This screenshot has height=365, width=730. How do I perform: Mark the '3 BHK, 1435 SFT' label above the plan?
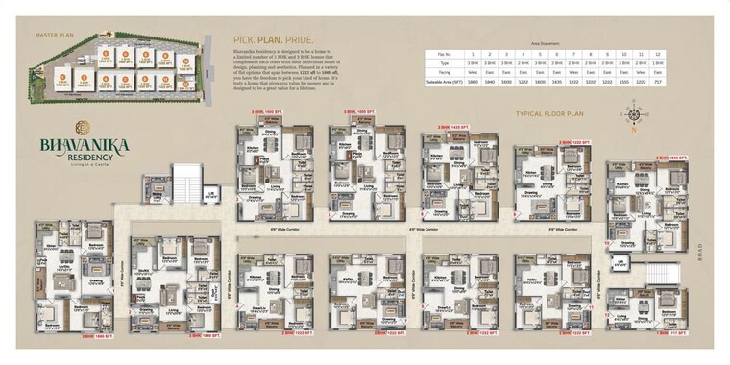451,127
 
